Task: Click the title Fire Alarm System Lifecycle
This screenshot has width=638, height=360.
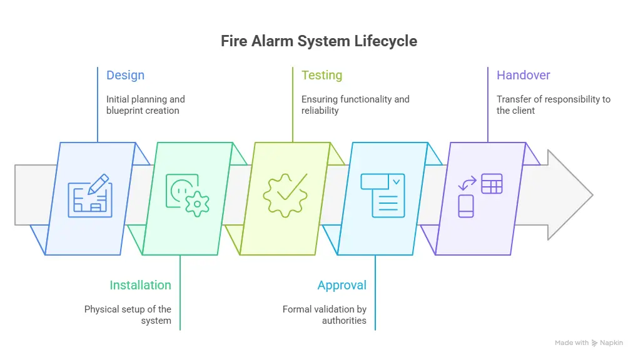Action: pyautogui.click(x=319, y=41)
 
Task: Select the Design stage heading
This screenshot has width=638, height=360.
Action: pyautogui.click(x=125, y=76)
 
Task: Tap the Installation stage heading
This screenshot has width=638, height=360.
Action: pyautogui.click(x=140, y=285)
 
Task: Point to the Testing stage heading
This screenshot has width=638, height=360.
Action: pyautogui.click(x=322, y=76)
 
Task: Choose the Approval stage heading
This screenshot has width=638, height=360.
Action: pyautogui.click(x=342, y=285)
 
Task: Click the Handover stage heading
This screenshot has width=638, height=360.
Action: pyautogui.click(x=523, y=76)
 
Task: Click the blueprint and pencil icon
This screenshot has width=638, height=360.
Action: pyautogui.click(x=90, y=196)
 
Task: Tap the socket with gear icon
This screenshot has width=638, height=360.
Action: pyautogui.click(x=187, y=195)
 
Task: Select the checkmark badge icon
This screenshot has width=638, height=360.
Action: pyautogui.click(x=285, y=195)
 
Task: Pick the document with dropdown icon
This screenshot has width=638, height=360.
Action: pyautogui.click(x=382, y=196)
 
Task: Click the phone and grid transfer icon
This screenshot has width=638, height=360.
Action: pyautogui.click(x=480, y=196)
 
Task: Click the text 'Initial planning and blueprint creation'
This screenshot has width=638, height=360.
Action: pyautogui.click(x=145, y=105)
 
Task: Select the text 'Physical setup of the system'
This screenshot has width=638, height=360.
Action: pyautogui.click(x=128, y=314)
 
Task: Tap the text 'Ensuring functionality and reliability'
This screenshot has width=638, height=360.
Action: pyautogui.click(x=355, y=105)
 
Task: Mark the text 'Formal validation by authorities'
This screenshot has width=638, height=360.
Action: pyautogui.click(x=325, y=314)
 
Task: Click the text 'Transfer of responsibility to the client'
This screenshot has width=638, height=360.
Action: pyautogui.click(x=553, y=105)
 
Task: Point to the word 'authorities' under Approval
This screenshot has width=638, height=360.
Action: pyautogui.click(x=344, y=321)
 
